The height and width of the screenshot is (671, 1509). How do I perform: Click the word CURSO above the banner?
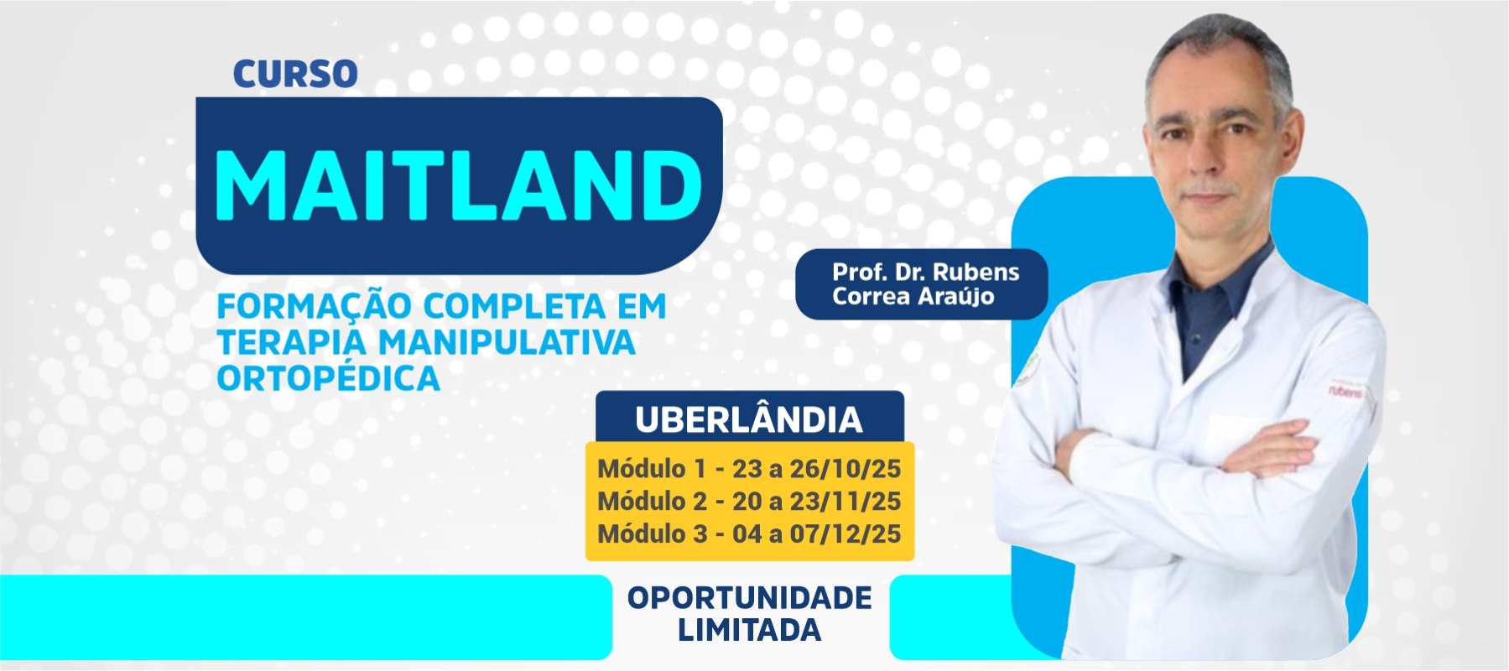pyautogui.click(x=295, y=74)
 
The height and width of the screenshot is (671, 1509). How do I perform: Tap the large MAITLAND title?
pyautogui.click(x=459, y=186)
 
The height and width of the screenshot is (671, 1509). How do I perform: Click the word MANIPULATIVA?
pyautogui.click(x=507, y=342)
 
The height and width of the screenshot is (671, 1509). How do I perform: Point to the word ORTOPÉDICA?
pyautogui.click(x=328, y=379)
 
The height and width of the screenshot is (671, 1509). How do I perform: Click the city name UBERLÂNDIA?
pyautogui.click(x=749, y=420)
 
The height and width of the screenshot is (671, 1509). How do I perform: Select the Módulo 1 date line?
pyautogui.click(x=749, y=468)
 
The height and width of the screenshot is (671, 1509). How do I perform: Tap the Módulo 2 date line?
pyautogui.click(x=749, y=501)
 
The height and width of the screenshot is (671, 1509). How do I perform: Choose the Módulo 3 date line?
pyautogui.click(x=749, y=533)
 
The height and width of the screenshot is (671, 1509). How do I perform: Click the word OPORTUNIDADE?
pyautogui.click(x=750, y=598)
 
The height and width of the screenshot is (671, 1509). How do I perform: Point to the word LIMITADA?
pyautogui.click(x=750, y=630)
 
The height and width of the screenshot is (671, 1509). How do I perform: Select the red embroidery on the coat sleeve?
pyautogui.click(x=1345, y=392)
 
